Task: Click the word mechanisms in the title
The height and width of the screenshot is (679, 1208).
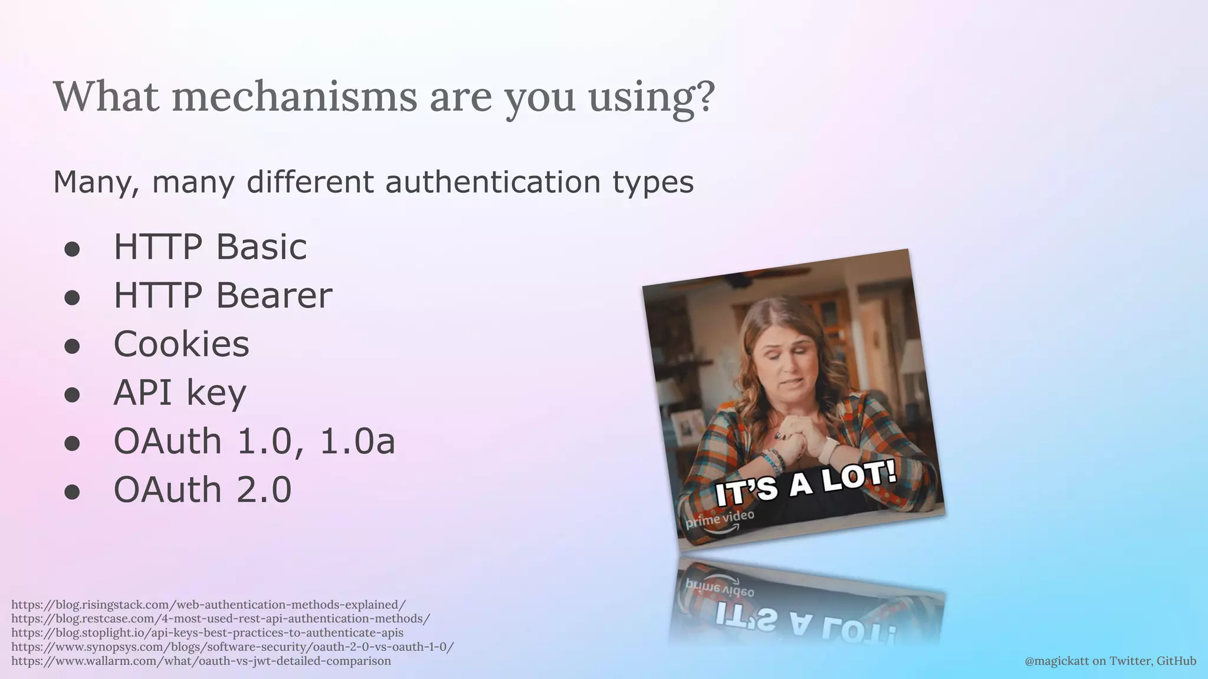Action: click(294, 97)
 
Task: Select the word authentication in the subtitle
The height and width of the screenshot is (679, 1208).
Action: click(492, 182)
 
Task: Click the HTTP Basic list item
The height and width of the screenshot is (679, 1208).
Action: click(210, 246)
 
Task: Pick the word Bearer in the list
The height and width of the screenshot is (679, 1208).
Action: click(274, 295)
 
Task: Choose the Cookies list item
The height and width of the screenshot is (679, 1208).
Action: click(181, 344)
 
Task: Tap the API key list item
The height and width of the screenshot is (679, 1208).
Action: click(179, 393)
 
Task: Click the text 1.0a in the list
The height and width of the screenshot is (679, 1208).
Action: click(357, 441)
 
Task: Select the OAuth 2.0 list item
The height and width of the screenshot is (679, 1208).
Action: click(202, 490)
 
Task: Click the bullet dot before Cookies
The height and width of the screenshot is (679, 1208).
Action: click(72, 347)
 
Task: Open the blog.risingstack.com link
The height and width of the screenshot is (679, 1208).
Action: click(208, 605)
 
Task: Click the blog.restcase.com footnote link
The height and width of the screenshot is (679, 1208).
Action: click(221, 619)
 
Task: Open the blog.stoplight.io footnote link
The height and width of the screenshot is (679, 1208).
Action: click(207, 633)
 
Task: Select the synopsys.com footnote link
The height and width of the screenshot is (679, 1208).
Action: click(232, 647)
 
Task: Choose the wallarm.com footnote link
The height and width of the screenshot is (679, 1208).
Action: click(201, 661)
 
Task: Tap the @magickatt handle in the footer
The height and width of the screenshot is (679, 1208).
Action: click(1057, 661)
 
